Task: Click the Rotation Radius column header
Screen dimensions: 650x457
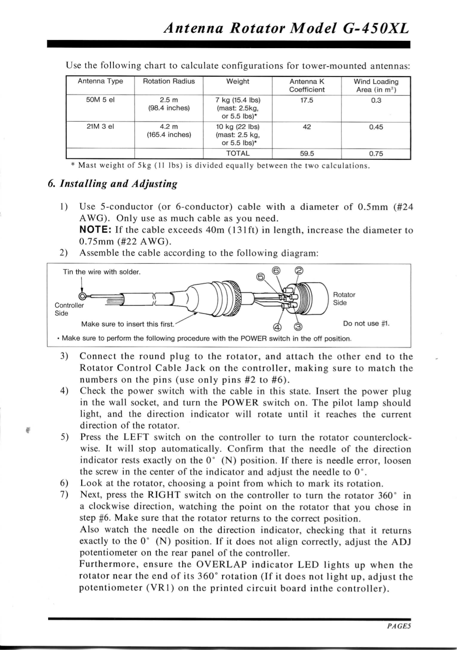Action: [x=169, y=81]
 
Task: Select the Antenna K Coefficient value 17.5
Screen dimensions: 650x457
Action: [x=307, y=100]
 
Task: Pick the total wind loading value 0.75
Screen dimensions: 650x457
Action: [x=376, y=153]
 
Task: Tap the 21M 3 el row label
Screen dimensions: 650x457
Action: [x=100, y=127]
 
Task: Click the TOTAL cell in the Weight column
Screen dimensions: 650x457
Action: [x=237, y=153]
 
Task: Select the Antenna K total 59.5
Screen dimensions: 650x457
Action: [x=307, y=153]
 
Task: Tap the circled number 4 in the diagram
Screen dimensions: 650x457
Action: [x=278, y=328]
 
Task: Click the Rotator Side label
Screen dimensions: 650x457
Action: [x=344, y=299]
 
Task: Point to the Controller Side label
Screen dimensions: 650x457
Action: [x=69, y=309]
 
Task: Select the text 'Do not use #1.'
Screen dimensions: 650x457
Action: [x=366, y=323]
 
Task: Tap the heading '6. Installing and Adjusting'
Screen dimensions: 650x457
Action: [x=112, y=184]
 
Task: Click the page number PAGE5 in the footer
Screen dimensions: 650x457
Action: [x=399, y=626]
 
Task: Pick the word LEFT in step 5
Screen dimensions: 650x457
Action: [x=136, y=437]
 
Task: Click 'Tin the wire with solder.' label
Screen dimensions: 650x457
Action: [x=101, y=272]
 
